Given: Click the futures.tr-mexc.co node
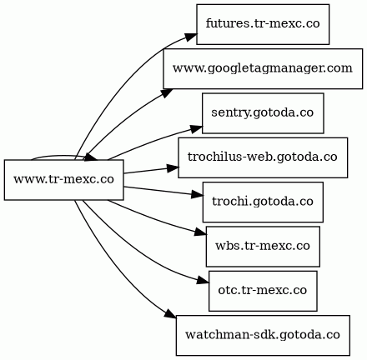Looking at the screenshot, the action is tap(263, 24).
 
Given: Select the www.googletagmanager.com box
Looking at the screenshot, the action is tap(263, 68).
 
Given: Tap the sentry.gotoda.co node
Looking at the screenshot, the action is tap(263, 113).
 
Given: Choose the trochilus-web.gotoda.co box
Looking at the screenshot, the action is tap(263, 157).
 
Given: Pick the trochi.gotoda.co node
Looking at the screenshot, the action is tap(263, 202).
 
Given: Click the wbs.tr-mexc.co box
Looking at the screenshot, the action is tap(263, 247).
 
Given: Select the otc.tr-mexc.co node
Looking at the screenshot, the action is tap(263, 291).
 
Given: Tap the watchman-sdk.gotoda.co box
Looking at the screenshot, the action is tap(263, 335).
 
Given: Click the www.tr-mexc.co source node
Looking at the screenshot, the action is tap(63, 180).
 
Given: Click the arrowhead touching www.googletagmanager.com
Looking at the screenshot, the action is tap(167, 92).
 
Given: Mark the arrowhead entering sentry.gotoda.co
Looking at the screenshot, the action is tap(197, 128).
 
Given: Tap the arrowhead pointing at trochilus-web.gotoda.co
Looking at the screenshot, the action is tap(173, 167).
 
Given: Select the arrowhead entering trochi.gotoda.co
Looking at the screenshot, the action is tap(198, 195).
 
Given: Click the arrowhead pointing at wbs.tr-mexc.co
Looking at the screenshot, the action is tap(200, 232).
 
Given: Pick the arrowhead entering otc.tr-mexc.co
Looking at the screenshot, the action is tap(204, 280).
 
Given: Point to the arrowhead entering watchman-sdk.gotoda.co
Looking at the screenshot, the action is tap(170, 314).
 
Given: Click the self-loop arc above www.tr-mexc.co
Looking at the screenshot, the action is tap(60, 156).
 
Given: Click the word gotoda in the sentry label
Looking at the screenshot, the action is tap(273, 113).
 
